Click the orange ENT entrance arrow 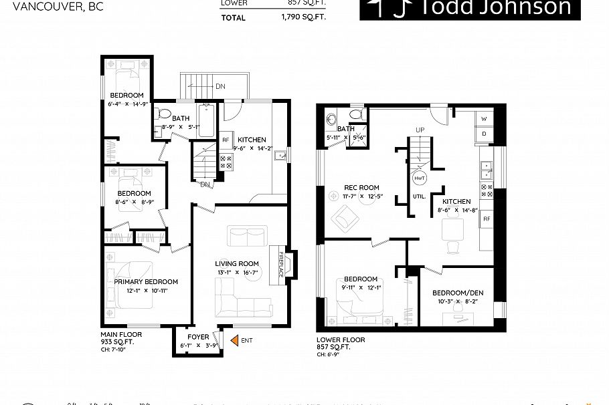pos(234,341)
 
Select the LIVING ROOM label pos(236,263)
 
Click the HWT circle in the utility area pos(420,179)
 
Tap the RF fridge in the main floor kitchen pos(226,140)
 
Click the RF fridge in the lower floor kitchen pos(487,218)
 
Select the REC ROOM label pos(361,187)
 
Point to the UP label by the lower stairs pos(420,129)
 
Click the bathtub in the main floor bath pos(205,116)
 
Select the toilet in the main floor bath pos(165,112)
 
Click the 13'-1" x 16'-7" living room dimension pos(236,273)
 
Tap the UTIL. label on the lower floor pos(420,197)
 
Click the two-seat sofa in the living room pos(246,236)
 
